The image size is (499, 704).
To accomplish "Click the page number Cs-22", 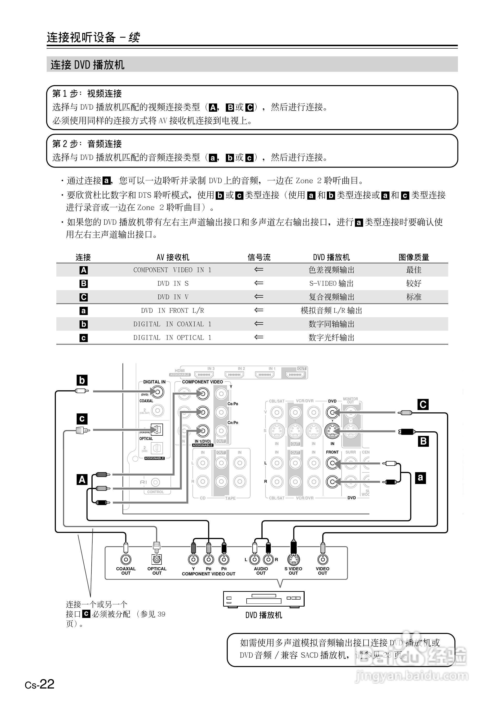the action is coord(40,684).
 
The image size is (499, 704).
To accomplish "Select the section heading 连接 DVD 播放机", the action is coord(87,65).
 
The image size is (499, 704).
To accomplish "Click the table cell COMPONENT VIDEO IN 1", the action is coord(172,270).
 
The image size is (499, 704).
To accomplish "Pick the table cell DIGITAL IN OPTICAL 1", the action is coord(172,338).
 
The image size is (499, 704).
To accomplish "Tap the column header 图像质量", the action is coord(414,257).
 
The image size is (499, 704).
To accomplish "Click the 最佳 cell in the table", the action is coord(414,270).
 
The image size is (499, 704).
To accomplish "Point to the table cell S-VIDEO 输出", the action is coord(331,283).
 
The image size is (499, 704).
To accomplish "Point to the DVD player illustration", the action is coord(264,599).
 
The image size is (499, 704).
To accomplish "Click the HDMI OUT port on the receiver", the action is coord(295,374).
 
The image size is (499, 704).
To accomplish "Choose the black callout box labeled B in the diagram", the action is coord(423,441).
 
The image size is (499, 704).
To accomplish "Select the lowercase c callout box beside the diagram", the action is coord(82,419).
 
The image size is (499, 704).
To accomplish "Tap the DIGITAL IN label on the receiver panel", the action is coord(154,382).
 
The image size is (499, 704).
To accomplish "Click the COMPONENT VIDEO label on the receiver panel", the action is coord(203,382).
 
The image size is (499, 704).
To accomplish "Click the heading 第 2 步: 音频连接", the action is coord(87,144).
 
